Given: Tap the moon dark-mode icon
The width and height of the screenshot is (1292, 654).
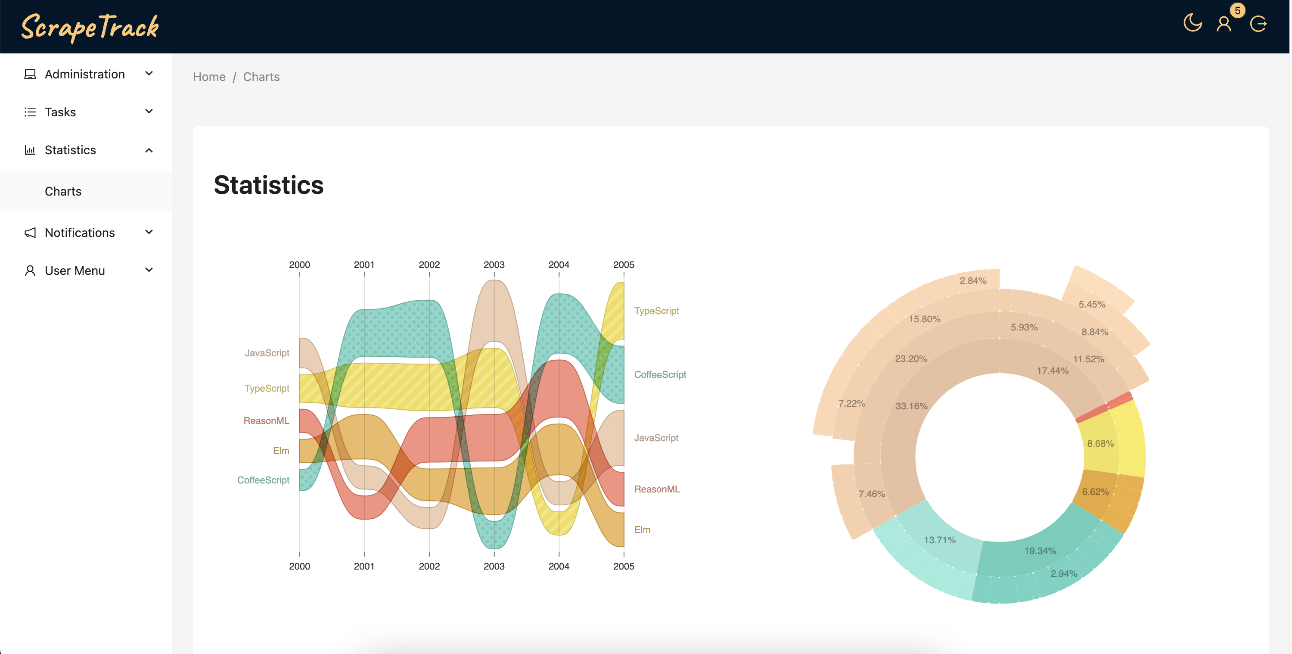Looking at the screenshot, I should tap(1192, 23).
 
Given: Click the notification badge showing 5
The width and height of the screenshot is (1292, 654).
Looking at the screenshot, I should tap(1237, 10).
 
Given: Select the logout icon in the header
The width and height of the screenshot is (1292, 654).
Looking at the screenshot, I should tap(1258, 24).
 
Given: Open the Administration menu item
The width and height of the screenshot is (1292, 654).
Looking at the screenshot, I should tap(85, 74).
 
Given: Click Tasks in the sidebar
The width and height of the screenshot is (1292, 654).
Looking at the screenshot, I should tap(60, 112).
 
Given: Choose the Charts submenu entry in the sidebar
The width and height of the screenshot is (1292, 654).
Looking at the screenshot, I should tap(63, 191).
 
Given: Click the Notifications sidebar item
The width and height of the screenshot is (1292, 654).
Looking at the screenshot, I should tap(80, 232).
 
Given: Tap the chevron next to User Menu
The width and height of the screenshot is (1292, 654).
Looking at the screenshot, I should tap(149, 270).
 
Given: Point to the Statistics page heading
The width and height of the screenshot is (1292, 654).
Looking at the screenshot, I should tap(269, 185).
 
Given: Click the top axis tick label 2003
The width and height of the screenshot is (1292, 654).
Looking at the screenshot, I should tap(494, 265).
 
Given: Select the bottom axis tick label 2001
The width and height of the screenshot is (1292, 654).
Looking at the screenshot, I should tap(364, 566).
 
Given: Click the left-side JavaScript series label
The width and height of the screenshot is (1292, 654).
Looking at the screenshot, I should tap(267, 353).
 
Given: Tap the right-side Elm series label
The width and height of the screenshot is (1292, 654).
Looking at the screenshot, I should tap(643, 529).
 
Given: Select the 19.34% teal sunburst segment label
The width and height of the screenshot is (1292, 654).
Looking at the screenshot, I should tap(1040, 551).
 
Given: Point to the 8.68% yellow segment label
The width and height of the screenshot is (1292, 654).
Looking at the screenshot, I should tap(1100, 444).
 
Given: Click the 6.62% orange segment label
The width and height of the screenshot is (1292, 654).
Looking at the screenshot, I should tap(1095, 492).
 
